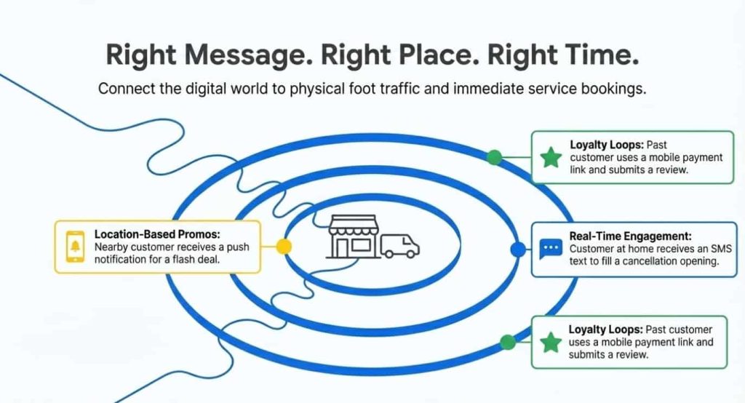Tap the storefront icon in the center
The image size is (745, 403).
pos(354,236)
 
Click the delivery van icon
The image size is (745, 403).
pos(400,246)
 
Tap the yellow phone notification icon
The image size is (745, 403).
pos(75,246)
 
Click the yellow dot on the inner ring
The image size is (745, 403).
pos(284,247)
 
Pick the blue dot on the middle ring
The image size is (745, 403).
pos(518,249)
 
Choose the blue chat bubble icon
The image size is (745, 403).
pos(551,249)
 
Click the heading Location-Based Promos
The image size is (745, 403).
pos(157,234)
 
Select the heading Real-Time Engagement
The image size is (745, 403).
pos(631,236)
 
